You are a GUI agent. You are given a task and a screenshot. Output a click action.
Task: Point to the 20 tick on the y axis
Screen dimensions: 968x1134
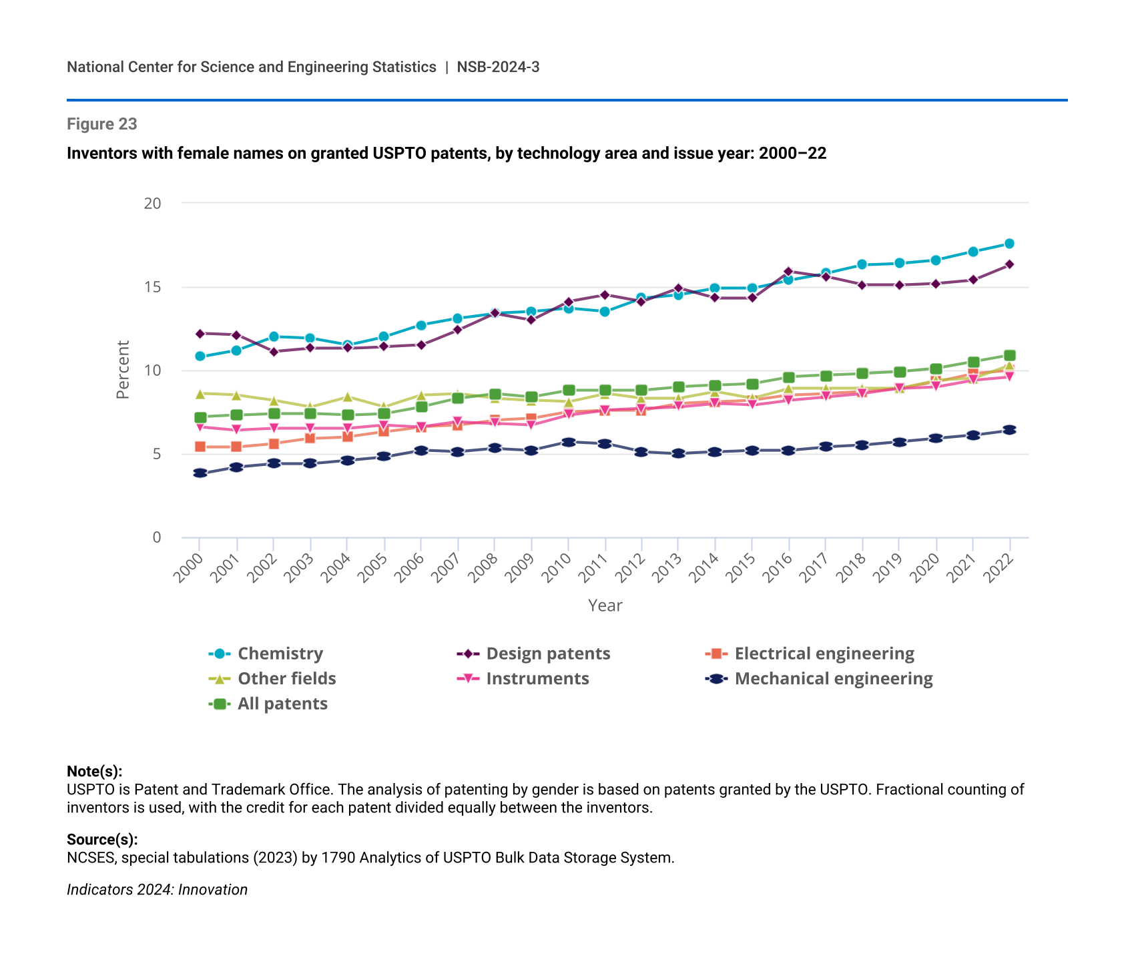point(153,203)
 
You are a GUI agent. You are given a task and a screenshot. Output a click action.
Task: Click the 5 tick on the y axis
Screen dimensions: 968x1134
point(157,454)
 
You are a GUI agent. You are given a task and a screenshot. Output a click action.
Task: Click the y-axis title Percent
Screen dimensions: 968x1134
point(123,370)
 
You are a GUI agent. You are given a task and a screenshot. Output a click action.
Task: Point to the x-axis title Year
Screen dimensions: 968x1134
point(605,606)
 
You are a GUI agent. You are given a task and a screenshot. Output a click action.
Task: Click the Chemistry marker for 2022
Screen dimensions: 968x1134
point(1009,244)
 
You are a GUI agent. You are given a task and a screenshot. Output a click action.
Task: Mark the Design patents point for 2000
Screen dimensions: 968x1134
point(200,333)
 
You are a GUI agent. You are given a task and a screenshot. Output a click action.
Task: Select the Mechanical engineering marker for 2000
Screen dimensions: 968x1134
point(200,473)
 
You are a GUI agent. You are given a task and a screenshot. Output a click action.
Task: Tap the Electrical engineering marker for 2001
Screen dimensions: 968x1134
point(236,447)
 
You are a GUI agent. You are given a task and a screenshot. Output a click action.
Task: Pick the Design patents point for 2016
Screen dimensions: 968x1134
point(788,272)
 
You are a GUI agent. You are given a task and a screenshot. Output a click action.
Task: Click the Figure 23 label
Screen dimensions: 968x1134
point(102,124)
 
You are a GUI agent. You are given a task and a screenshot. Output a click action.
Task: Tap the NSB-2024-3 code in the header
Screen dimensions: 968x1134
point(498,67)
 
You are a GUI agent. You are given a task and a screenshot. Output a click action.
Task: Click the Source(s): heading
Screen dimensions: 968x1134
point(102,839)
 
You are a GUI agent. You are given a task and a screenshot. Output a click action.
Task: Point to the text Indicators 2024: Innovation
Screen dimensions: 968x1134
point(157,890)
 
